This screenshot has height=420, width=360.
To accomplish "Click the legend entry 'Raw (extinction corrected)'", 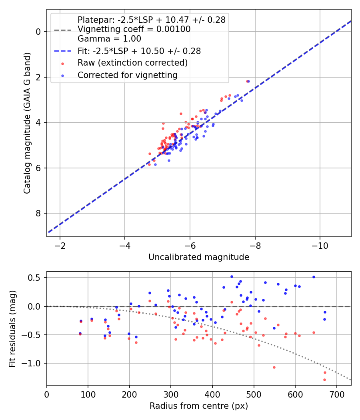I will click(132, 63).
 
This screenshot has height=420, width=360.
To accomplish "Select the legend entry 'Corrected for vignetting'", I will click(127, 75).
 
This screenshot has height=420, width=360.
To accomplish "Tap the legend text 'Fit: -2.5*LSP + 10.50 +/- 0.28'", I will click(139, 51).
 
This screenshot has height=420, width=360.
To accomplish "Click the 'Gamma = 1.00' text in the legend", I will click(109, 39).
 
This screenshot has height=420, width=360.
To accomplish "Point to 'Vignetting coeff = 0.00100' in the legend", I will click(134, 29).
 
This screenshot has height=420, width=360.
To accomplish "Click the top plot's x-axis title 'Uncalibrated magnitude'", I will click(199, 257).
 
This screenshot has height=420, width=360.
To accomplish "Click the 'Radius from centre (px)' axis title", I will click(199, 406).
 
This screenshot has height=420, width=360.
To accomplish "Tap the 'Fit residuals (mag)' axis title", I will click(12, 329).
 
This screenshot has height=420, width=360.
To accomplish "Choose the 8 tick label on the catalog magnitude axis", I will click(39, 214).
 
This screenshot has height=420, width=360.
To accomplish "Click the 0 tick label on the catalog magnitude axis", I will click(39, 32).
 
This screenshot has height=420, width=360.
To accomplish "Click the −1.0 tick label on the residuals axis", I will click(33, 363).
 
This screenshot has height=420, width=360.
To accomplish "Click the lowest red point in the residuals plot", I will click(324, 380).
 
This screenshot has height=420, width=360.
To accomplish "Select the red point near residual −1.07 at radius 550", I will click(274, 367).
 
